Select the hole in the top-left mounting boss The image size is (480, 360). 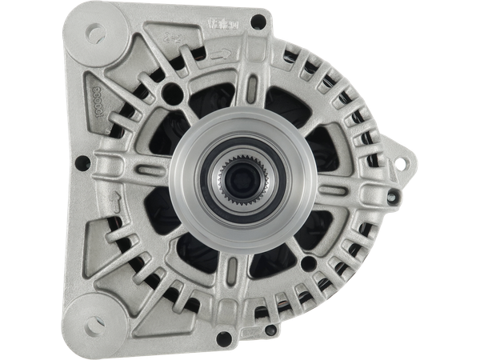[x=94, y=34]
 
